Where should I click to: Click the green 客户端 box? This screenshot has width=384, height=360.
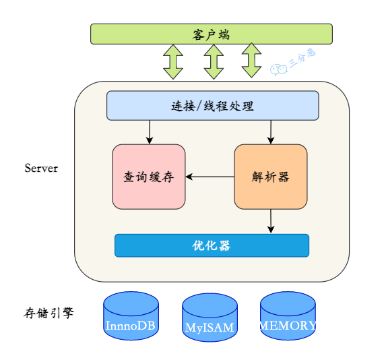coord(212,34)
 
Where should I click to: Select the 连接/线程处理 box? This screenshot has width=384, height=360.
coord(212,106)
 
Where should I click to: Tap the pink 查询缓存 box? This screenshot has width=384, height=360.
coord(148,177)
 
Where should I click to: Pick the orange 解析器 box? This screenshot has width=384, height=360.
coord(270,177)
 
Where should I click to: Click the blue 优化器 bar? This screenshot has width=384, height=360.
coord(212,245)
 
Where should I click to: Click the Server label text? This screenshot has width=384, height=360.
coord(41,168)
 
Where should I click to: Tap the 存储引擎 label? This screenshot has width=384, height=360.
coord(49,313)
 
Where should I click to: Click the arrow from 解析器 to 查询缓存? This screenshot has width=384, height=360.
coord(210,177)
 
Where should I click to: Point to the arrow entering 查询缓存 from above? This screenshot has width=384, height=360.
coord(149,132)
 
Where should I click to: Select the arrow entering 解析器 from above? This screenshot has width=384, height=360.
coord(271,132)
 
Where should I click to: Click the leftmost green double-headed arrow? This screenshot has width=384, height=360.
coord(173,61)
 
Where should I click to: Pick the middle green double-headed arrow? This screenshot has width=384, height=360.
coord(214,61)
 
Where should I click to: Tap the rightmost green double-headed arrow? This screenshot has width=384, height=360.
coord(252,61)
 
